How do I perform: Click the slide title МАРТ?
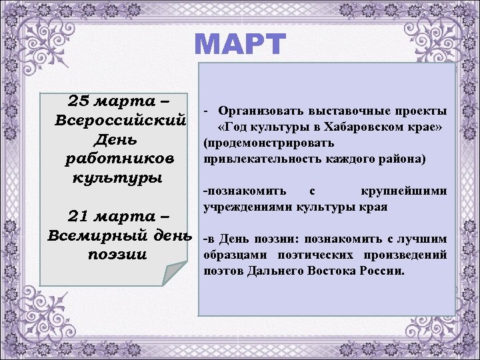[x=240, y=45]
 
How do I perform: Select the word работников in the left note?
[x=120, y=160]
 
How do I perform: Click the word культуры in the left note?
[x=109, y=179]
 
